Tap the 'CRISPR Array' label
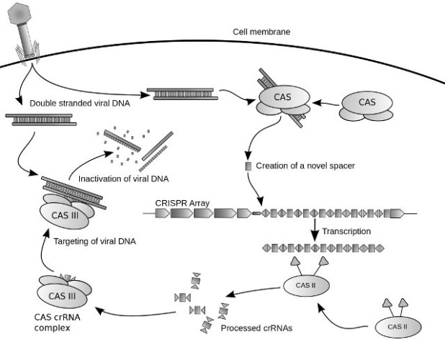pyautogui.click(x=181, y=203)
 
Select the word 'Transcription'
pyautogui.click(x=348, y=231)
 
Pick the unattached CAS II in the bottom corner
pyautogui.click(x=400, y=327)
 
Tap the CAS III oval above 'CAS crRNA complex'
pyautogui.click(x=62, y=296)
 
